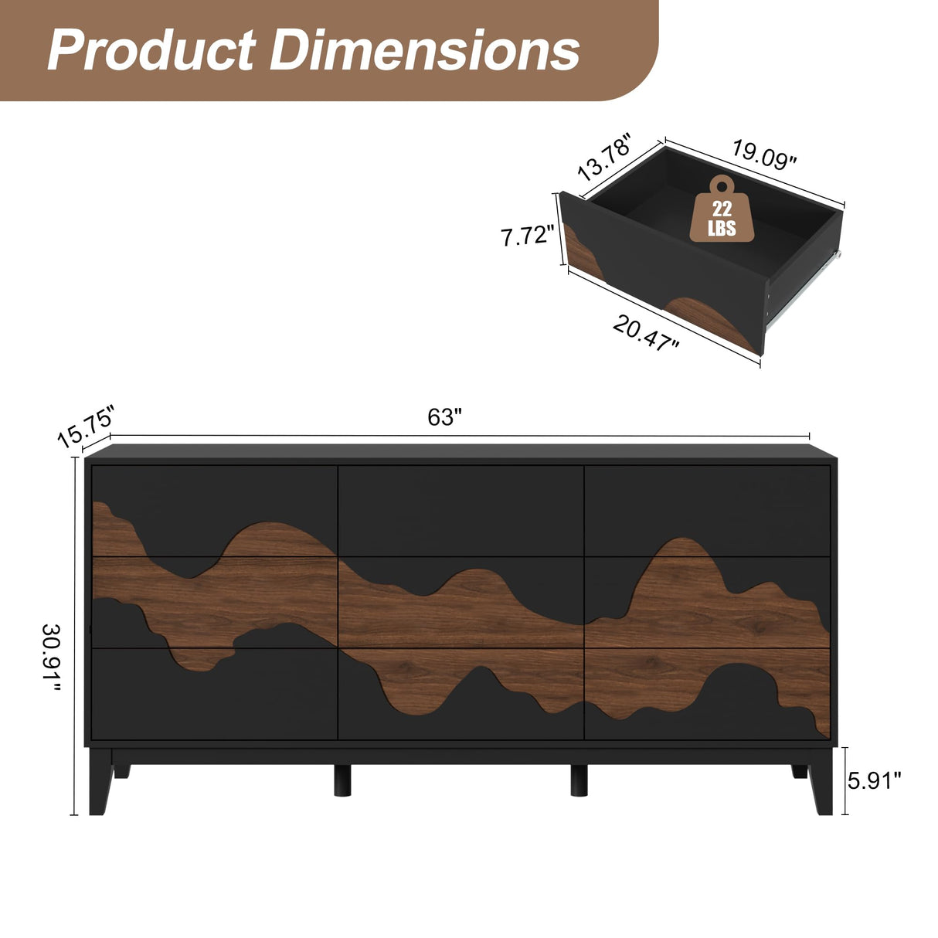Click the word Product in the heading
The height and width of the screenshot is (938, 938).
[151, 50]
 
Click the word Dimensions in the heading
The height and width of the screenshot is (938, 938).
[424, 50]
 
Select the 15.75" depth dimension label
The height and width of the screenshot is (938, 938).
[86, 426]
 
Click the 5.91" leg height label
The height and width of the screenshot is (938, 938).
[875, 781]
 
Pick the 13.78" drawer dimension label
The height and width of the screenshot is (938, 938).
[605, 157]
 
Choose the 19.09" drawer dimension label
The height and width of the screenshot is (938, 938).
[763, 155]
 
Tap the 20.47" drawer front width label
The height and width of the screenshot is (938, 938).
[646, 334]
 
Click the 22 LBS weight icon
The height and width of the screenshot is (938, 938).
[722, 210]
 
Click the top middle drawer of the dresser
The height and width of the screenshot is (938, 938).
[461, 510]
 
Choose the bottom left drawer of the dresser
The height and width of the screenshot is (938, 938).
[215, 693]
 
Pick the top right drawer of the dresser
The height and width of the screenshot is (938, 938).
[707, 510]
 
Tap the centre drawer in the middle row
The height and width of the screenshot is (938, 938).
[461, 602]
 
